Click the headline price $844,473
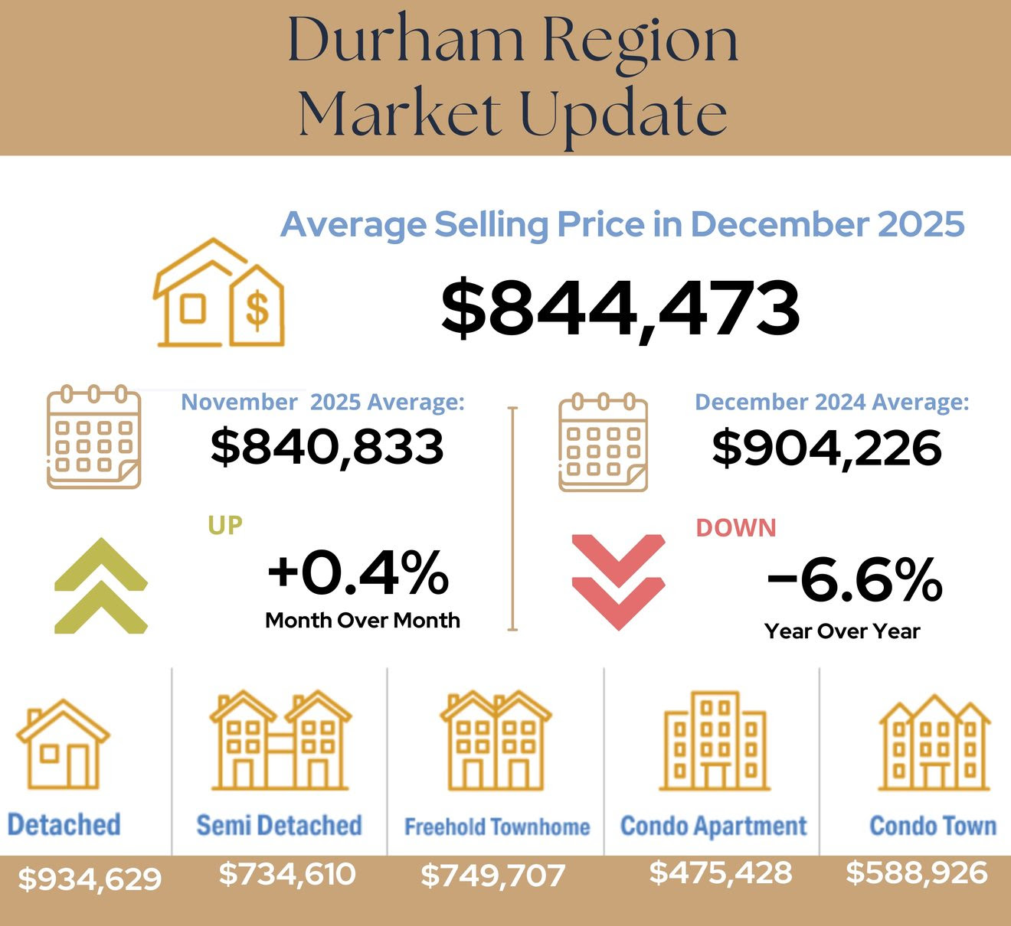(x=620, y=308)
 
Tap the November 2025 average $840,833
(x=327, y=447)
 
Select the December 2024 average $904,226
(x=826, y=448)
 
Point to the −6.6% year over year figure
(x=854, y=579)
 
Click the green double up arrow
(x=100, y=585)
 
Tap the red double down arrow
(x=618, y=582)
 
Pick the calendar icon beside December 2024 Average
(x=604, y=442)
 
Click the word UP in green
(x=225, y=526)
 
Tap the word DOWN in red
(x=736, y=528)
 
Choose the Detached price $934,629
(x=90, y=879)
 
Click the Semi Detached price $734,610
(x=287, y=873)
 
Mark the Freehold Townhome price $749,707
(x=492, y=875)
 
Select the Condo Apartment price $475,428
(x=721, y=872)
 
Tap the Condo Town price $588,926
(x=917, y=872)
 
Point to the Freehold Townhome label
(x=497, y=827)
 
